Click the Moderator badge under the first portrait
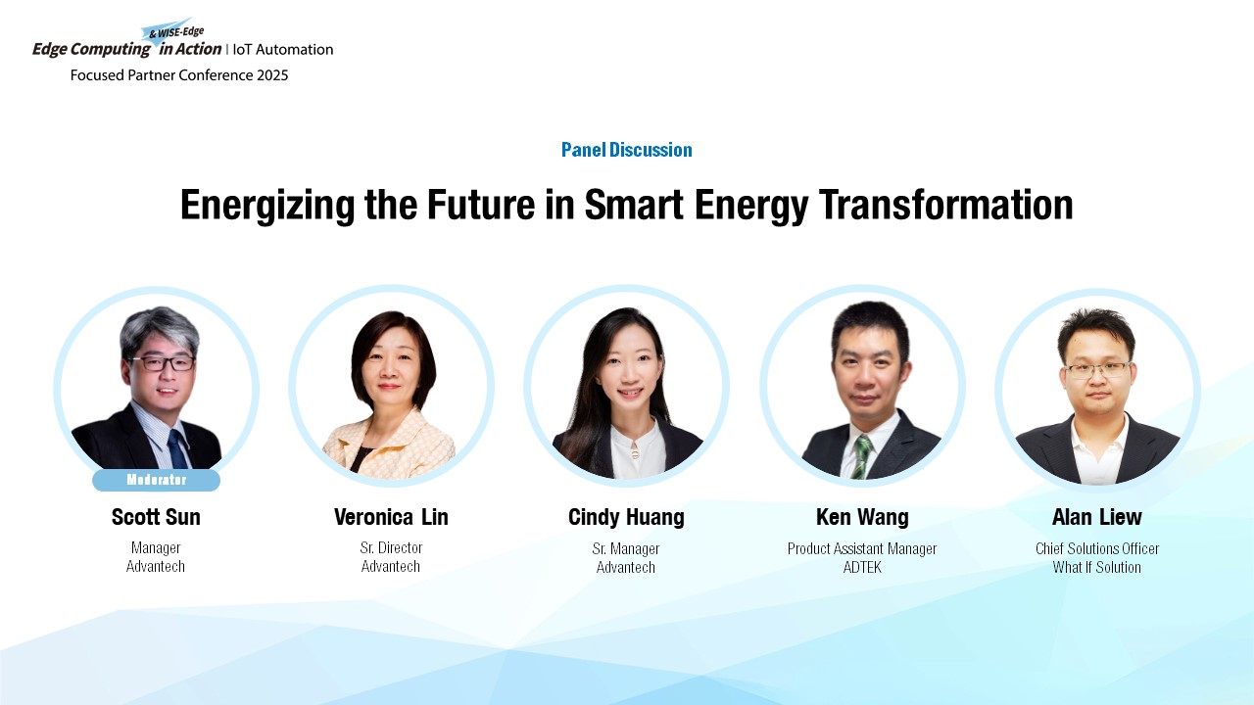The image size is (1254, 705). tap(156, 480)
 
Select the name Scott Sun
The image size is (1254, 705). tap(156, 517)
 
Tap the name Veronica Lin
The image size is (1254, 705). tap(391, 517)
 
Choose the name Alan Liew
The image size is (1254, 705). tap(1097, 517)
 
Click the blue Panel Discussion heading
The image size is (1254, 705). tap(627, 150)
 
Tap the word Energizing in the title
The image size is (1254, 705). tap(267, 207)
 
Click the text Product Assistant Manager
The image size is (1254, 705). tap(862, 549)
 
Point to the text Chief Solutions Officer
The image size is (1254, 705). tap(1097, 548)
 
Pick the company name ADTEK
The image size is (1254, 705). tap(862, 567)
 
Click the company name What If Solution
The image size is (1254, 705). tap(1096, 567)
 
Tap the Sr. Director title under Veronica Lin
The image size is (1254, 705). tap(391, 547)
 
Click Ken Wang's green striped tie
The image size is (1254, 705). tap(861, 457)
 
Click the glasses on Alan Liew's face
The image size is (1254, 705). tap(1097, 370)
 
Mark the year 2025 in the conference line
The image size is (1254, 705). tap(272, 75)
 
